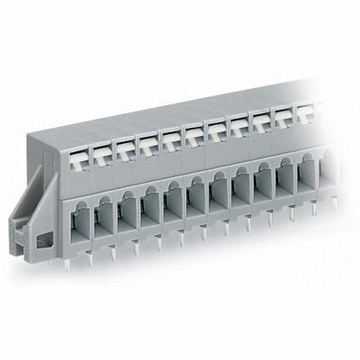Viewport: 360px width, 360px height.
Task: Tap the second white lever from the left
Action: pyautogui.click(x=101, y=146)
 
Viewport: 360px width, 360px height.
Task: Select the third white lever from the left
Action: pyautogui.click(x=125, y=142)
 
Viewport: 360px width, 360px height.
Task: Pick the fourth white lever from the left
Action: pyautogui.click(x=148, y=139)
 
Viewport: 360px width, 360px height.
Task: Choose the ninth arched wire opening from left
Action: pyautogui.click(x=262, y=187)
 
